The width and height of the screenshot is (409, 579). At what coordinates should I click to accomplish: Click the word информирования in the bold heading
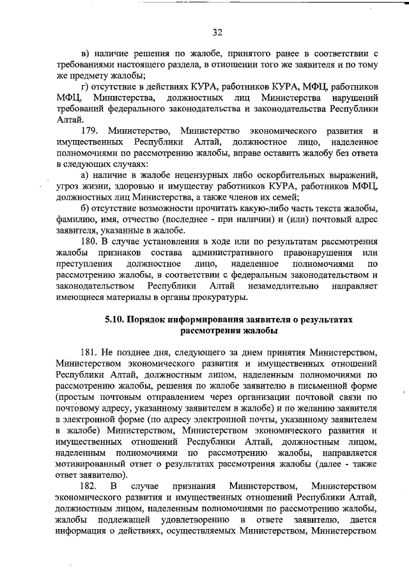208,319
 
